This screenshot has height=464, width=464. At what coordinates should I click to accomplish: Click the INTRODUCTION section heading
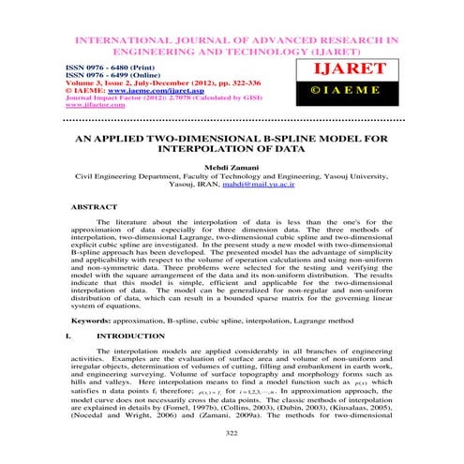(130, 333)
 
